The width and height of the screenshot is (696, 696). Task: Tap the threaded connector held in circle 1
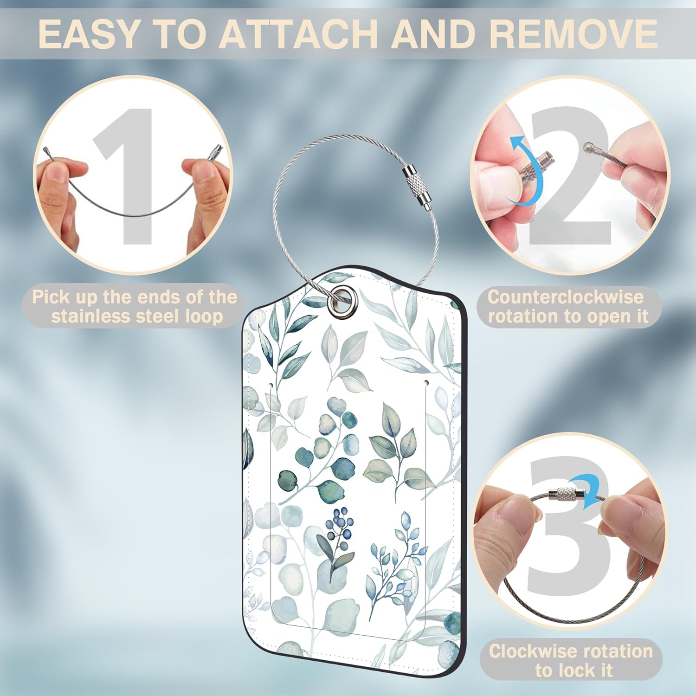tap(216, 152)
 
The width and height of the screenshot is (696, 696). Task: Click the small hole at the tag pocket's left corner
tap(271, 385)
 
